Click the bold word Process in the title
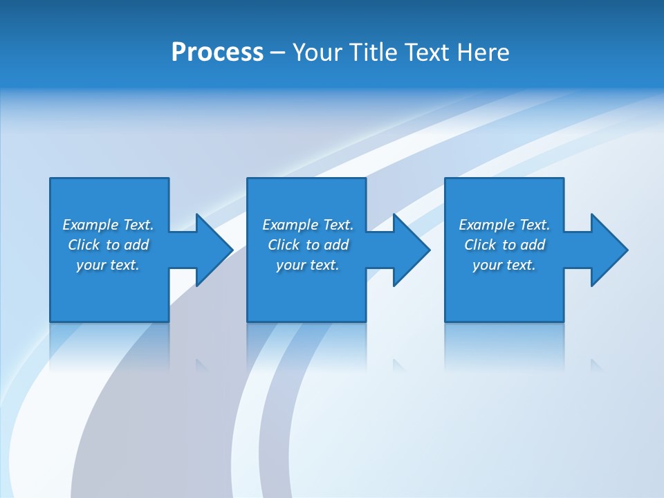[x=217, y=53]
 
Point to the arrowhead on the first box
[x=213, y=250]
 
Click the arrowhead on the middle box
[x=411, y=250]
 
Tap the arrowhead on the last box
[x=608, y=250]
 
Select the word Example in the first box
[x=90, y=225]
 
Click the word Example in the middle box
[x=290, y=225]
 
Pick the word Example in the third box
[x=486, y=225]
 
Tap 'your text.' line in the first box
[x=108, y=265]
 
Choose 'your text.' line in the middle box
[x=307, y=265]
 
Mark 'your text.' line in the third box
[x=504, y=265]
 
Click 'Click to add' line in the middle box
[x=308, y=245]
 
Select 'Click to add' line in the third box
[x=505, y=245]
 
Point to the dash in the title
[x=277, y=53]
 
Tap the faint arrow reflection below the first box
[x=201, y=364]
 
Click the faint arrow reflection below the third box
[x=596, y=364]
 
